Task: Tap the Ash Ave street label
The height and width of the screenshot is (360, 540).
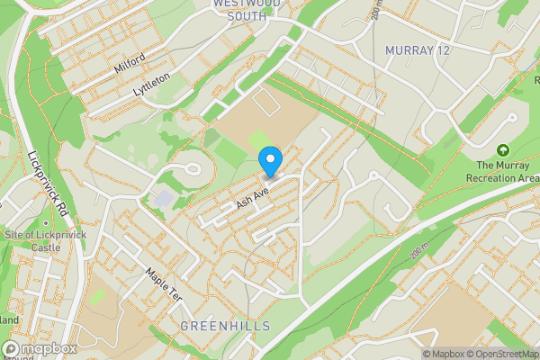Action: pos(253,195)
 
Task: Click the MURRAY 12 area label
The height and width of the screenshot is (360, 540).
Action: pos(417,49)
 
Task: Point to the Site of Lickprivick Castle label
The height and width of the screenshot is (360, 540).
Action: pos(32,240)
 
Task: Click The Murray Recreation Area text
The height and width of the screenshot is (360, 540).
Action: pos(508,171)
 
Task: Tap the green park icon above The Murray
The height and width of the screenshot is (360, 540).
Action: pos(503,149)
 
